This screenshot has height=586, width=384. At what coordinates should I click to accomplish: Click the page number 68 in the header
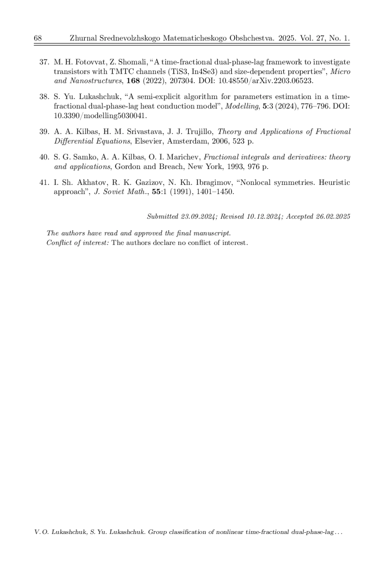click(x=37, y=38)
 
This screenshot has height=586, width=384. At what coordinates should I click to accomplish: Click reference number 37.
click(x=44, y=62)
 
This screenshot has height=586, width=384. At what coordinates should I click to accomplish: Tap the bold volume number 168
click(x=133, y=81)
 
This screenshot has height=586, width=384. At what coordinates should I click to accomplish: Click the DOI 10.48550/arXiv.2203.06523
click(x=265, y=81)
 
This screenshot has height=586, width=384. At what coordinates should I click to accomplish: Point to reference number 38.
click(x=44, y=97)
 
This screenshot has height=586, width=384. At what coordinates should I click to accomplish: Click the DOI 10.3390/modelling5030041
click(x=100, y=116)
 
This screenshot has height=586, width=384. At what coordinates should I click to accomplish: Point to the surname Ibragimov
click(x=214, y=183)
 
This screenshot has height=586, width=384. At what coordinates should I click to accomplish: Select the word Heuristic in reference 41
click(x=334, y=183)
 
